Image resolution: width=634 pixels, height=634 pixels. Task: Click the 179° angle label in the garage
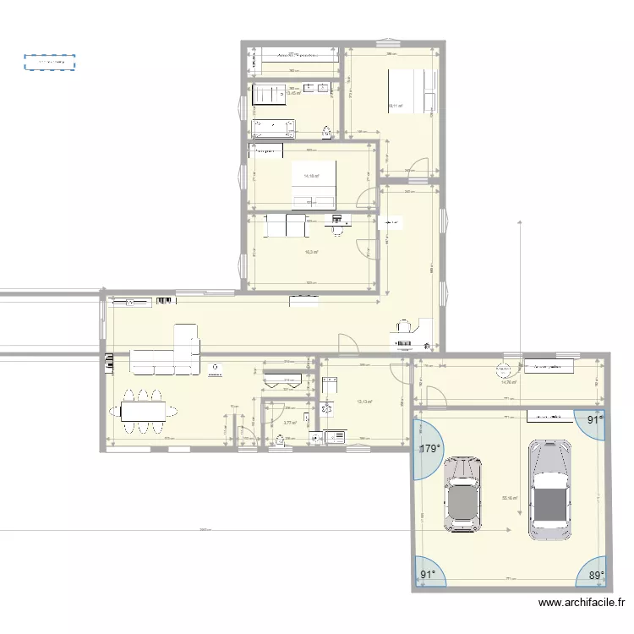430,449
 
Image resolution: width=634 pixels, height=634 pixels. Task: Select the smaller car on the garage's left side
462,495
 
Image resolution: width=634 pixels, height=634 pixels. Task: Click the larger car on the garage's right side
549,489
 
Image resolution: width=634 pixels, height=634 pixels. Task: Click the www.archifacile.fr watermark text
581,604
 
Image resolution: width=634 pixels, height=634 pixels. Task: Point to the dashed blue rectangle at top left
49,62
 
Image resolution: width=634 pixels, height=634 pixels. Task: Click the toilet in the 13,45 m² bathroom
326,131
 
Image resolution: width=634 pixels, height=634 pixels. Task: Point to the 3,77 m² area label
290,423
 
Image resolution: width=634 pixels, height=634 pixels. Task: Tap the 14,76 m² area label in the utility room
509,382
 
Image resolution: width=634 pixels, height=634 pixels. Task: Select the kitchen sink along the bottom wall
332,436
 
